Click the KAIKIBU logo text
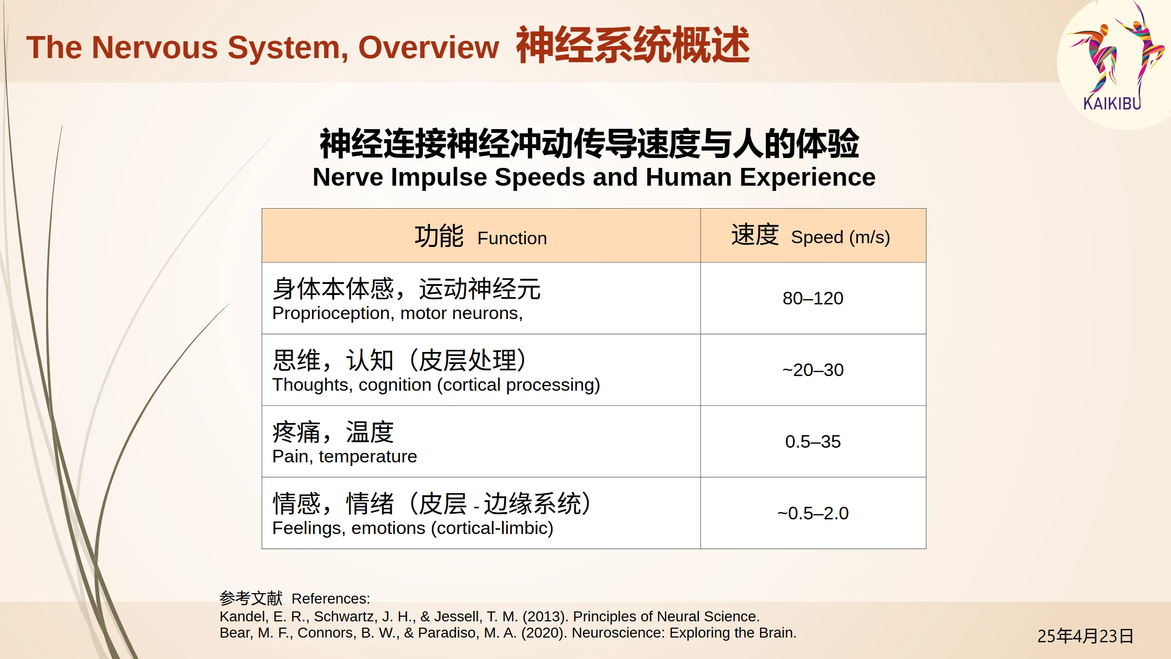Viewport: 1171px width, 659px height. (1111, 103)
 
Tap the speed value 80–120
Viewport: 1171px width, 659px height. (813, 298)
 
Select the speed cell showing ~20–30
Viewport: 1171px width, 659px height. (813, 370)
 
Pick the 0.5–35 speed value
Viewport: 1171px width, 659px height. (813, 441)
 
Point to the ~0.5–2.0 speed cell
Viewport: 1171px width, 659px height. (813, 513)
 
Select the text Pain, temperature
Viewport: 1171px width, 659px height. (345, 457)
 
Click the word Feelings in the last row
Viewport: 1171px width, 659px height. (308, 528)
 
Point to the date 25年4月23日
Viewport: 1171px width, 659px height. (1085, 636)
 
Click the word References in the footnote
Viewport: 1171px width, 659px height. (330, 598)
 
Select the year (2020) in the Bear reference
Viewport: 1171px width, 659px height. (544, 633)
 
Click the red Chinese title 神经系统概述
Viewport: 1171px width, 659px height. (633, 46)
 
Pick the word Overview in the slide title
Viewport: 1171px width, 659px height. (429, 47)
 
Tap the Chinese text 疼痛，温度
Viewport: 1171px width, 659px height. (333, 432)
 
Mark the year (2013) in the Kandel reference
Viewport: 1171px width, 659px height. (545, 617)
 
